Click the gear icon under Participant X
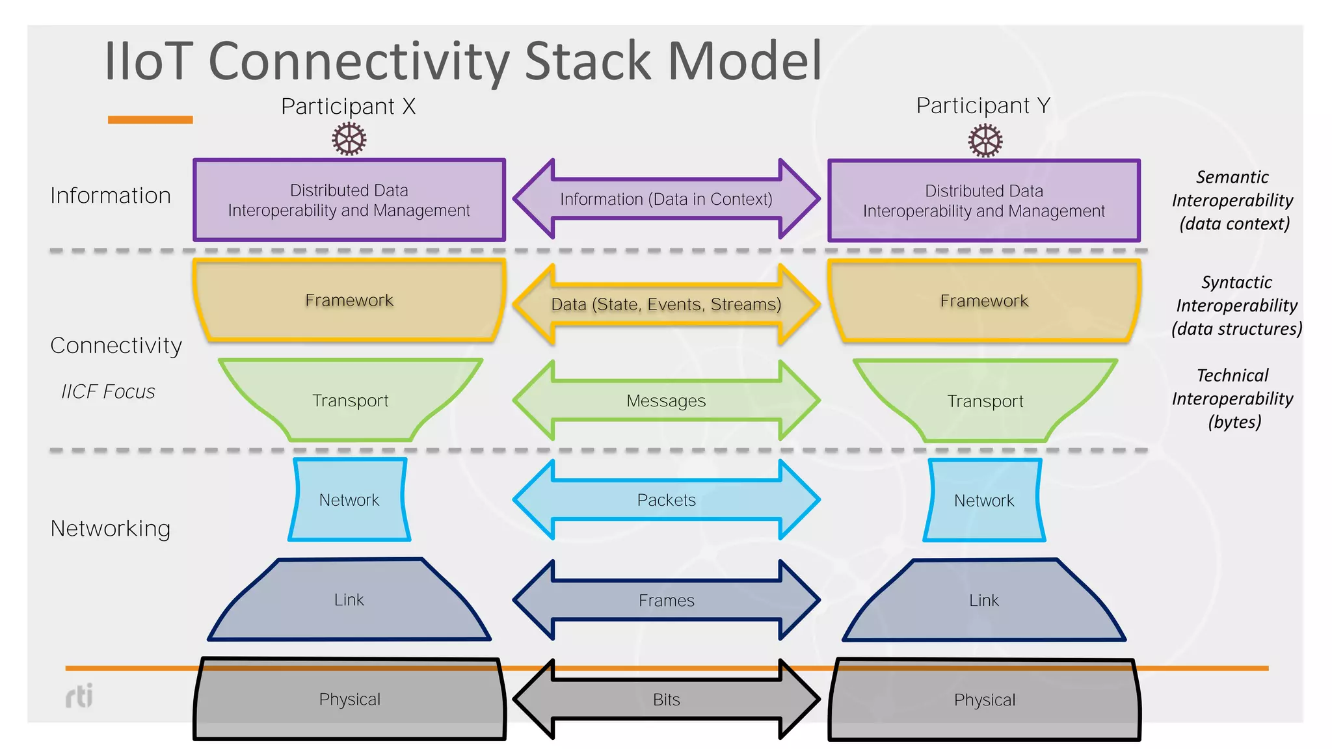(349, 139)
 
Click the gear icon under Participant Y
(985, 140)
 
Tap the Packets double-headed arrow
(666, 500)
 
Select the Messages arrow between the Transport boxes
(666, 401)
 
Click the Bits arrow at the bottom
(666, 700)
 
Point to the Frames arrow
(666, 600)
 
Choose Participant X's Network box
(349, 500)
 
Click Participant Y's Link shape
(984, 600)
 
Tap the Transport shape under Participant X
(350, 401)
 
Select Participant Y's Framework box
(984, 300)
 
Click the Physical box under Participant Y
(984, 700)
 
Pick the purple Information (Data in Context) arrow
(666, 199)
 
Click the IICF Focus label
(108, 391)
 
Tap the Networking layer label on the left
(111, 528)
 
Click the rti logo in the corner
(79, 696)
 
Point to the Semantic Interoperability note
(1232, 200)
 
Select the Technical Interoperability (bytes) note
(1232, 399)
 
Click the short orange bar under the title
(150, 120)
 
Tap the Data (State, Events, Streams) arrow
(666, 304)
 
